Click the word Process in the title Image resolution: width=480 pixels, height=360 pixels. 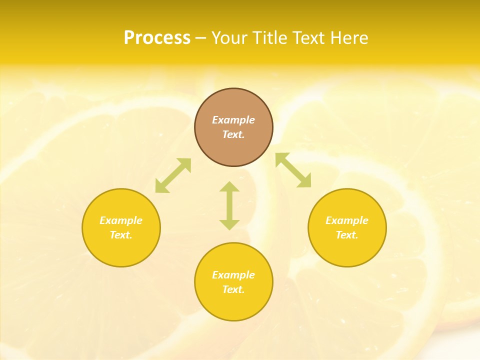tap(157, 38)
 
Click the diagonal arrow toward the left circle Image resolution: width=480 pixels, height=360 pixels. tap(173, 175)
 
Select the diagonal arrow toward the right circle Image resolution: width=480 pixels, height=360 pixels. tap(293, 170)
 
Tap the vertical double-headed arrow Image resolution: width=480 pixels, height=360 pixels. tap(229, 205)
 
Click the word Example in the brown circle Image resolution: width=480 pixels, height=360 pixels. tap(233, 120)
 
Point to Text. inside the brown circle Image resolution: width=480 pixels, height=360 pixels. tap(233, 134)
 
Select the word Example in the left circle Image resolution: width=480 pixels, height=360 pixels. tap(121, 220)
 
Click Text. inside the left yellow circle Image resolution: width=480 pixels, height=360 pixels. tap(121, 235)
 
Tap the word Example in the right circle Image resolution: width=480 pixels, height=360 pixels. tap(347, 220)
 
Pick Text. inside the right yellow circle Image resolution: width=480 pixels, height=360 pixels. tap(347, 235)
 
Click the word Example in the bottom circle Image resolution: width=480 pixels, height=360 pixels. tap(233, 275)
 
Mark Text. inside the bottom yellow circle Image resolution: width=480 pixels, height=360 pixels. tap(233, 289)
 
